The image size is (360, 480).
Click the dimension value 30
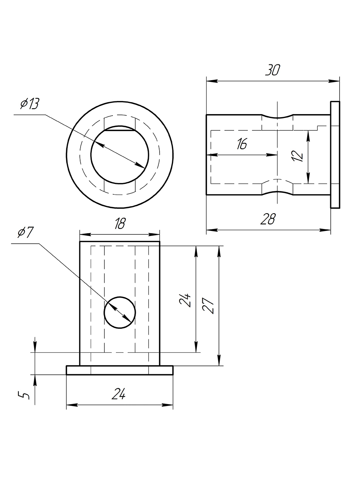point(273,70)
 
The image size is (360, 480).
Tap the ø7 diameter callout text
point(26,233)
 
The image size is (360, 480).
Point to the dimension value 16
point(242,144)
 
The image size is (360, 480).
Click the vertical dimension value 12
point(298,155)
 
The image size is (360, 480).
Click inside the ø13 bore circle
point(119,158)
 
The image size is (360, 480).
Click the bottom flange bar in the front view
point(119,370)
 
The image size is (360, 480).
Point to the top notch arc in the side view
point(278,117)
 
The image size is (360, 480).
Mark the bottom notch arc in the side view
point(278,192)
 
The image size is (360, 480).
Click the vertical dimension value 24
point(186,300)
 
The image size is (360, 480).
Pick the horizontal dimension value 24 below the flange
point(119,394)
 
